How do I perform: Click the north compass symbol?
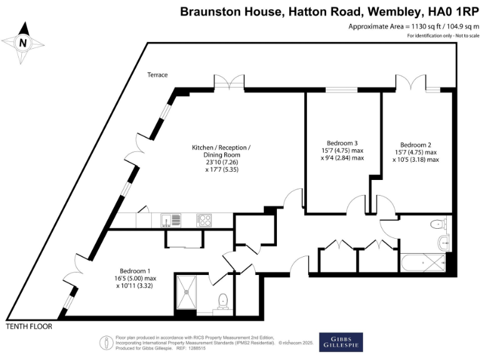[x=23, y=42]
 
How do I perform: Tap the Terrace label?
[x=157, y=75]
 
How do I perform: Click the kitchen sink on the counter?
[x=171, y=220]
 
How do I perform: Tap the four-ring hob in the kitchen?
[x=204, y=220]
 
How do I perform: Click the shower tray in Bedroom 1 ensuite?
[x=186, y=291]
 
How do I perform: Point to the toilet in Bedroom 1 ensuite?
[x=222, y=301]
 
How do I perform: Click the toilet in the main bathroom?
[x=437, y=225]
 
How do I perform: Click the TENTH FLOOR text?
[x=29, y=326]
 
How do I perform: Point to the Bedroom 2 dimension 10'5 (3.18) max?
[x=416, y=159]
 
